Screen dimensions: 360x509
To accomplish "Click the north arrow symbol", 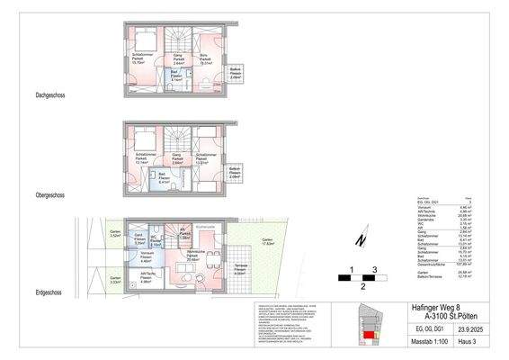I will point(358,239).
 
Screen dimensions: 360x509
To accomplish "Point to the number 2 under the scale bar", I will point(361,286).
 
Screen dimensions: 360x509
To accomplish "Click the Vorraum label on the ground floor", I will point(140,258).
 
